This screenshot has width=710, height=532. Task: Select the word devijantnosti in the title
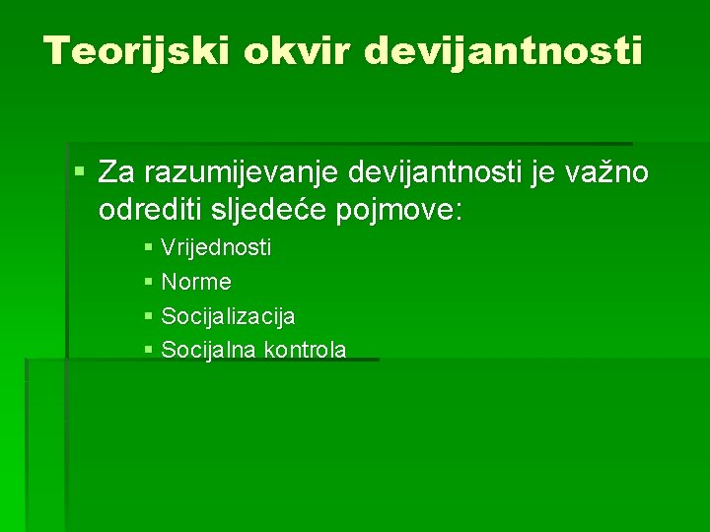504,50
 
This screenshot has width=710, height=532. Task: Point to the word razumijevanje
242,174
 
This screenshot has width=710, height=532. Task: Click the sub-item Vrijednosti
215,247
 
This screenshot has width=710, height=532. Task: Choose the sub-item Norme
195,282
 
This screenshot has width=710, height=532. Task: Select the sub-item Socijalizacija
227,316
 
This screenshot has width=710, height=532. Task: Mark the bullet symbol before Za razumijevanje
79,173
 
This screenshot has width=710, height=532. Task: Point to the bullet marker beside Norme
148,283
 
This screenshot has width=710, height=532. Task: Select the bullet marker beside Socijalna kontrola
148,350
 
